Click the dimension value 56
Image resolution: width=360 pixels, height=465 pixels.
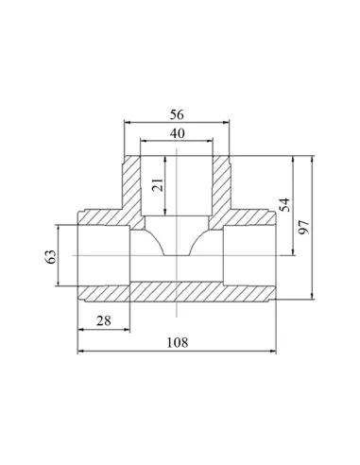click(x=177, y=114)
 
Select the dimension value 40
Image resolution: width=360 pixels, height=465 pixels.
click(x=177, y=133)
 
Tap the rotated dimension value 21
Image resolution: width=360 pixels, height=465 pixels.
click(x=158, y=185)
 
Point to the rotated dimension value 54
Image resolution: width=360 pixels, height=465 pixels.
click(x=284, y=205)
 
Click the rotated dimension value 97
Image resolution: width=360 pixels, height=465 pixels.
click(x=304, y=227)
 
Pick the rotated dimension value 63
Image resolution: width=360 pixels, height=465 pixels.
click(x=52, y=257)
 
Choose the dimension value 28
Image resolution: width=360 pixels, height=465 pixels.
click(x=104, y=321)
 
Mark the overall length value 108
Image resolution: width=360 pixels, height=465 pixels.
click(x=178, y=342)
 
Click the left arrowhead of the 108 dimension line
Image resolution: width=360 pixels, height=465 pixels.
click(x=81, y=351)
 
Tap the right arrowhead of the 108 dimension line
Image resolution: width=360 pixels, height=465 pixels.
click(x=272, y=351)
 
